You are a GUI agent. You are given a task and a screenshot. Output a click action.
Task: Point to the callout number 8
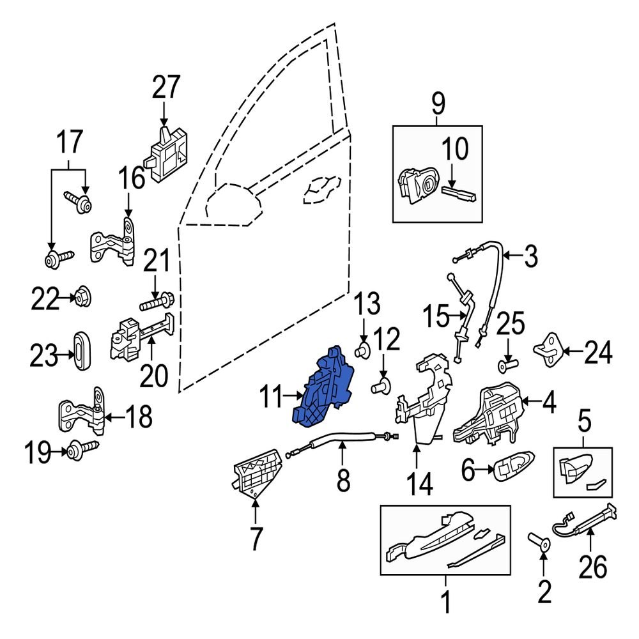coord(343,479)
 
